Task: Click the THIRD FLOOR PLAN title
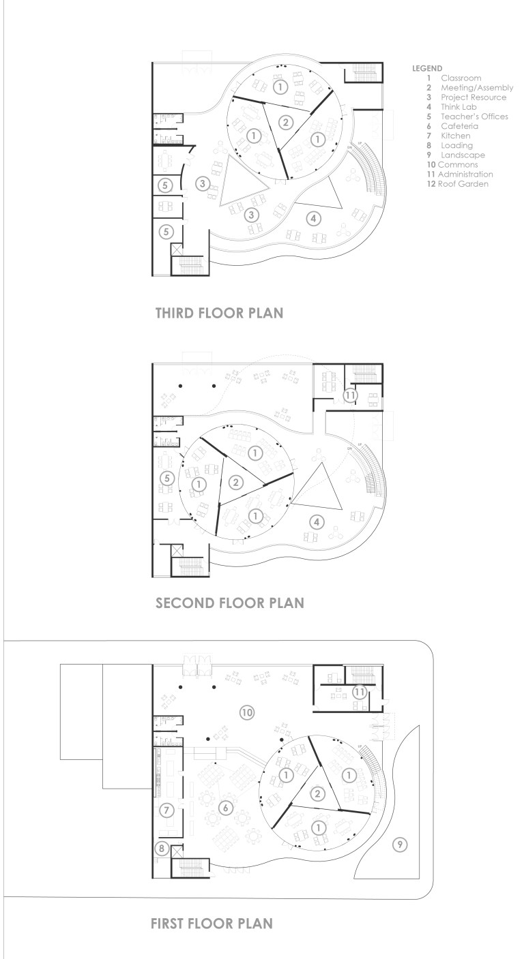point(219,313)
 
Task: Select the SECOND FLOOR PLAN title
point(230,603)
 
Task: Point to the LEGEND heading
point(426,68)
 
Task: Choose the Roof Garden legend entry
point(458,184)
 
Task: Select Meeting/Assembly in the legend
point(470,88)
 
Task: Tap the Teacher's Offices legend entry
point(467,117)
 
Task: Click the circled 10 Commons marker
point(246,712)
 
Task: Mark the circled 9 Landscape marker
point(400,844)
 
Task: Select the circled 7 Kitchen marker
point(166,810)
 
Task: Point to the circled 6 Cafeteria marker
point(226,808)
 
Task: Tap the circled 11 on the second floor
point(350,395)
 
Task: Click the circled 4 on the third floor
point(314,219)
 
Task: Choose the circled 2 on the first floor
point(317,793)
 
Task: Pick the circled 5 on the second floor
point(167,478)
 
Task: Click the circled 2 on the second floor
point(235,483)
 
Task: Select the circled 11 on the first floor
point(359,692)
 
